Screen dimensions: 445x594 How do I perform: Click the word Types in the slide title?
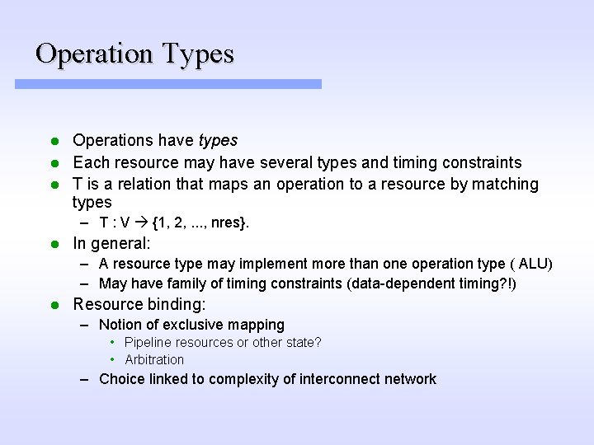(198, 54)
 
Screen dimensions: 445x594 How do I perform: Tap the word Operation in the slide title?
(95, 54)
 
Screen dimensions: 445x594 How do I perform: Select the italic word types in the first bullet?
(218, 141)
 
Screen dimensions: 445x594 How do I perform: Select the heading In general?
(111, 243)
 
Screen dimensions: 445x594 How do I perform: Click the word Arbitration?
(154, 359)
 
